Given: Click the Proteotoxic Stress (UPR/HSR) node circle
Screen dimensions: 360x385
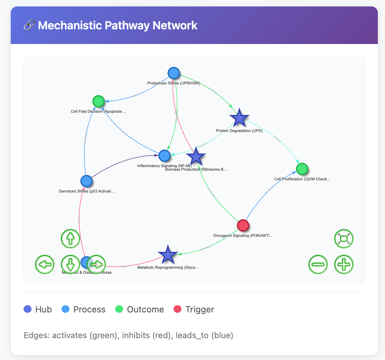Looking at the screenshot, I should pos(174,73).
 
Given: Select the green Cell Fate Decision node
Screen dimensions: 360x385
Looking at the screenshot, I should pos(98,101).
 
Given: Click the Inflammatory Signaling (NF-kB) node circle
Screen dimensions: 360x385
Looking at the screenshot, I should pos(164,156).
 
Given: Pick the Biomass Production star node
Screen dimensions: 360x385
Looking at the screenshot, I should pos(196,157).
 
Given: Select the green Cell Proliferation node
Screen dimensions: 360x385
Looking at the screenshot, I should pos(302,169).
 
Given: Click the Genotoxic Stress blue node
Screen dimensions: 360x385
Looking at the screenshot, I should pos(86,181).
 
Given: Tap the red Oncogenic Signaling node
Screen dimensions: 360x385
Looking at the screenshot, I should pos(243,225).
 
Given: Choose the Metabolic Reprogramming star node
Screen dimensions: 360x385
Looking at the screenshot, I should pos(168,255).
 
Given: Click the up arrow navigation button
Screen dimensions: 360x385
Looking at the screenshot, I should pos(70,238).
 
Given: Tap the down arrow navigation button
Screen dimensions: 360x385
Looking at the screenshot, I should pos(70,264).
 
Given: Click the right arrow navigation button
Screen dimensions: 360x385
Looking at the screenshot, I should pos(96,264).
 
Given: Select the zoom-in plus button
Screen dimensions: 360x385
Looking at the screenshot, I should pos(344,264).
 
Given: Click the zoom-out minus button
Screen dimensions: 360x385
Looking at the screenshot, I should pos(318,264).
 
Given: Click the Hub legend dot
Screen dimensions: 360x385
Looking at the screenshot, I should pos(27,309).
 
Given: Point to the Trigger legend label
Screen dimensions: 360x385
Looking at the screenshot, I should pos(200,309).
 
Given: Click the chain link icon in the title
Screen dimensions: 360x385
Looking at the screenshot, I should pos(29,25).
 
